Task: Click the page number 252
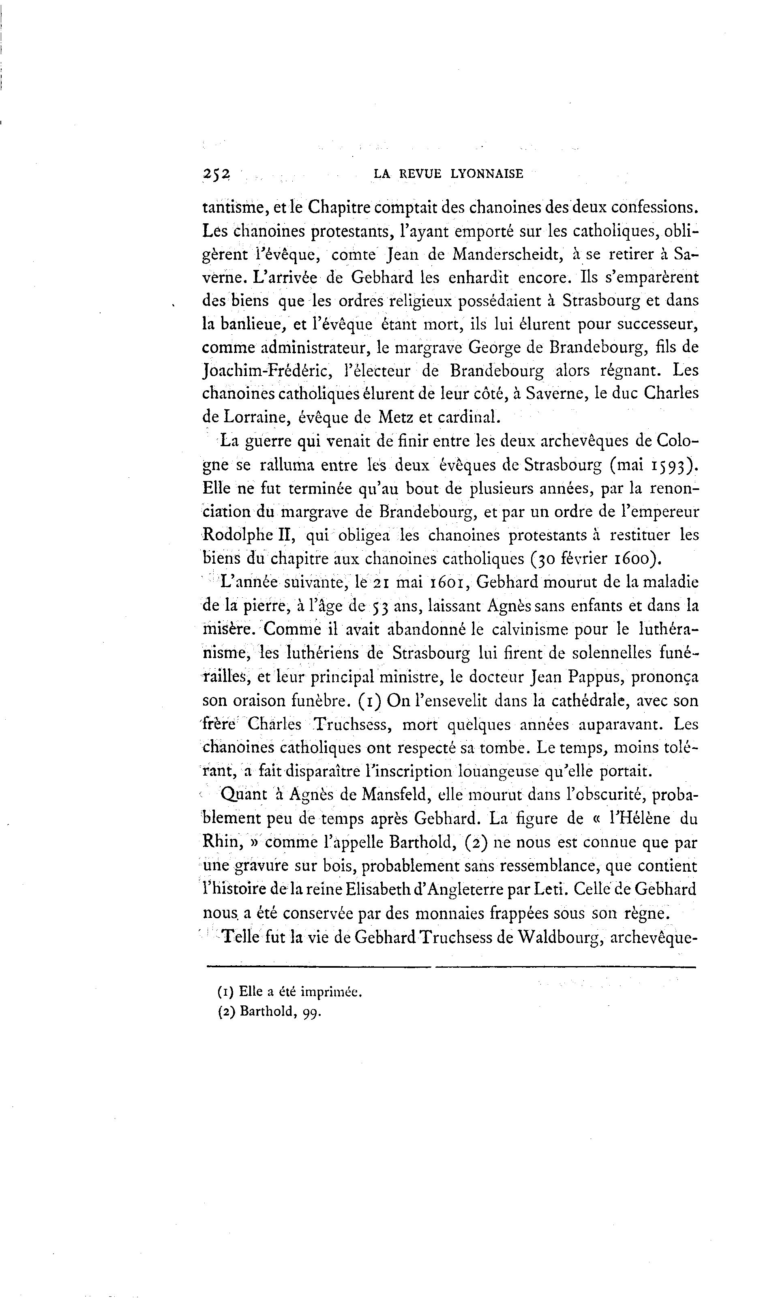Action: coord(216,174)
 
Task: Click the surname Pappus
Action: coord(595,678)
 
